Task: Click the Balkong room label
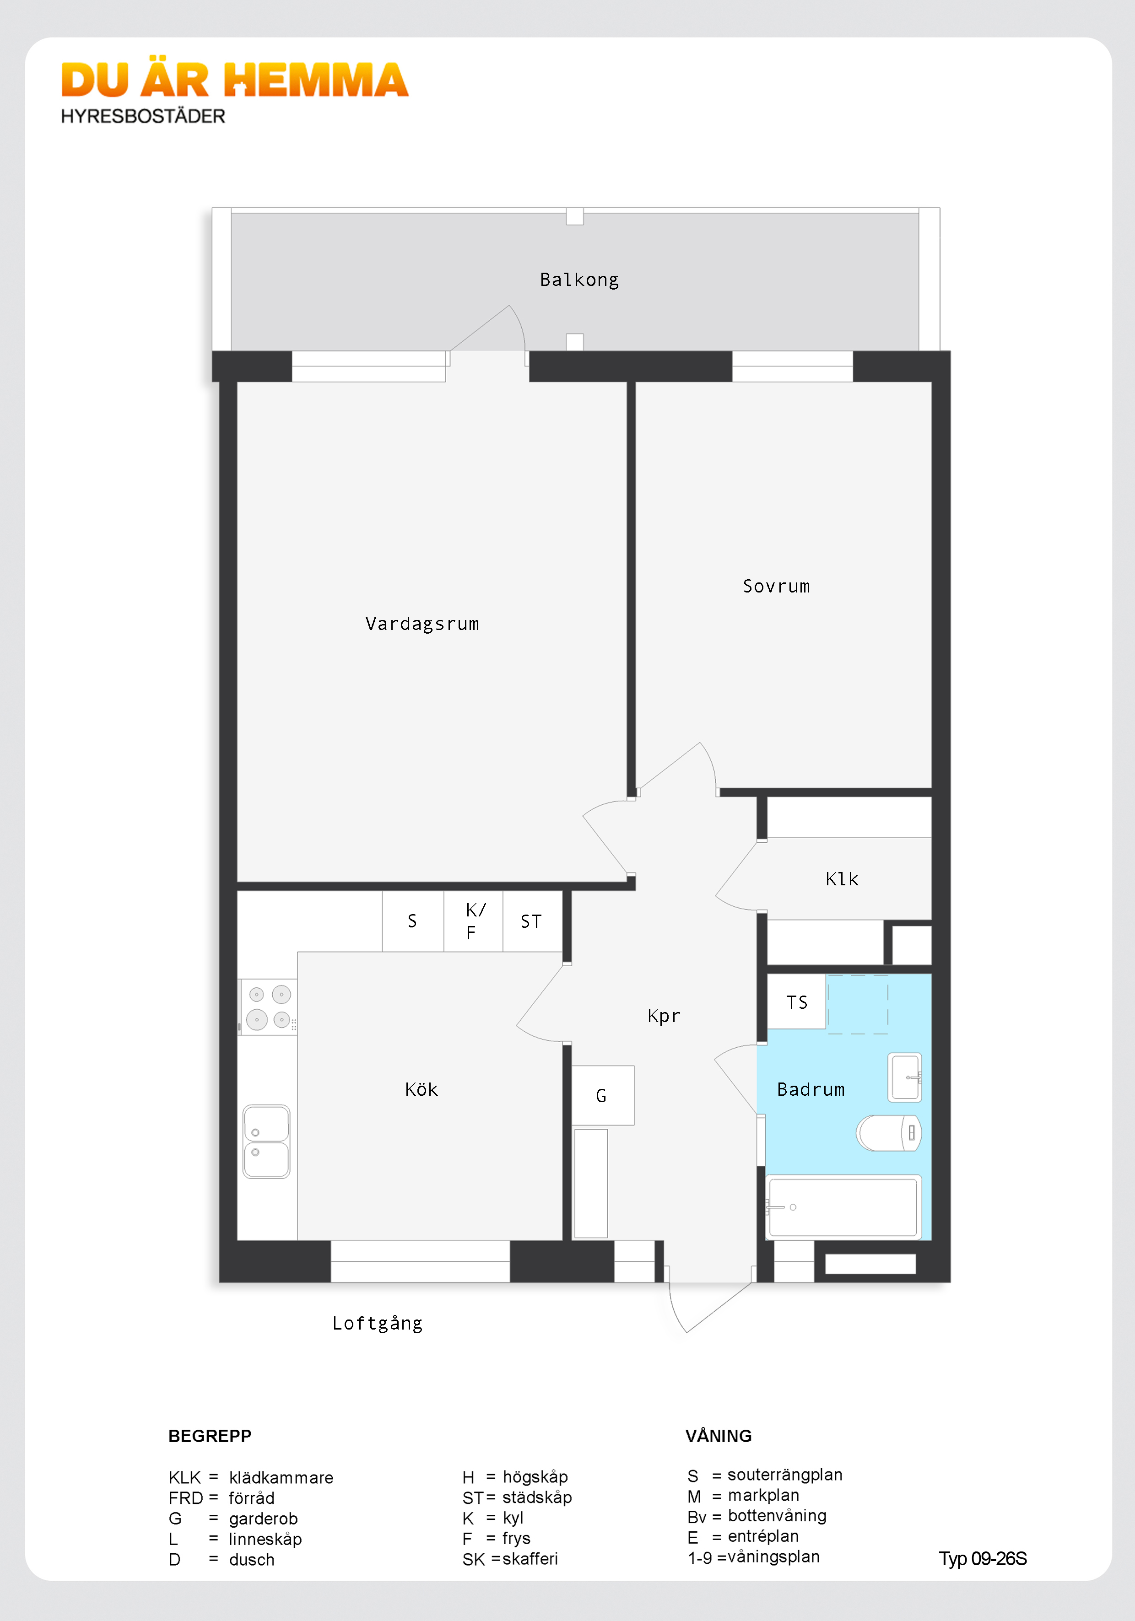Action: coord(579,280)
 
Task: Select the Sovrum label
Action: coord(776,587)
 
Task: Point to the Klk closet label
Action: coord(842,879)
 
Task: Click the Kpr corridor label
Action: coord(664,1016)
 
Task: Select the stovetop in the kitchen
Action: coord(268,1007)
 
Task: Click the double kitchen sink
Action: coord(266,1142)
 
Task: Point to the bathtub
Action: coord(843,1207)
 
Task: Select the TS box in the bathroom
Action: coord(797,1002)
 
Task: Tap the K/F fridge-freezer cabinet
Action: coord(473,921)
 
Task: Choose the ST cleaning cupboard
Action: coord(531,921)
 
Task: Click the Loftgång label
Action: coord(377,1324)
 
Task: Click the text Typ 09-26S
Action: coord(983,1559)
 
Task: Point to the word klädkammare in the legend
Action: coord(281,1478)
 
